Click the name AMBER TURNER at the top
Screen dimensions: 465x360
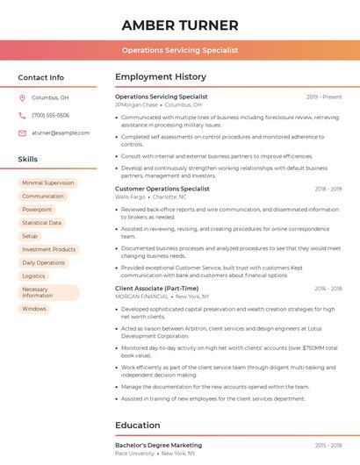coord(180,25)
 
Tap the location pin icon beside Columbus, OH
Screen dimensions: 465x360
coord(23,98)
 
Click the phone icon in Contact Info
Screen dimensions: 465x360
coord(23,116)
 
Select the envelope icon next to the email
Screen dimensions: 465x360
coord(23,133)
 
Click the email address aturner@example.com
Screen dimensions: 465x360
coord(61,133)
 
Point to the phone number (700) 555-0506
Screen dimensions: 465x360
coord(50,116)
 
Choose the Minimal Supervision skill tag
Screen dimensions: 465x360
coord(47,183)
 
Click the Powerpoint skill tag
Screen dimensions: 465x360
coord(37,210)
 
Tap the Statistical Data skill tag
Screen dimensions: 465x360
coord(41,223)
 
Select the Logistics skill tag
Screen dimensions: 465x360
coord(33,276)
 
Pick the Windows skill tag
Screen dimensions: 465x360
coord(34,309)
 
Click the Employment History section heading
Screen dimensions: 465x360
coord(160,77)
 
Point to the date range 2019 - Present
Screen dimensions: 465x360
coord(324,97)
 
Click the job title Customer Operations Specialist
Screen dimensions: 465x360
coord(162,189)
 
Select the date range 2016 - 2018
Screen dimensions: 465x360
coord(328,289)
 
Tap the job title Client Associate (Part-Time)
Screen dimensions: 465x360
coord(156,289)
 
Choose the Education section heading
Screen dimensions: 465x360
coord(137,426)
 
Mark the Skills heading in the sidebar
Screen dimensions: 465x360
coord(27,160)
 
